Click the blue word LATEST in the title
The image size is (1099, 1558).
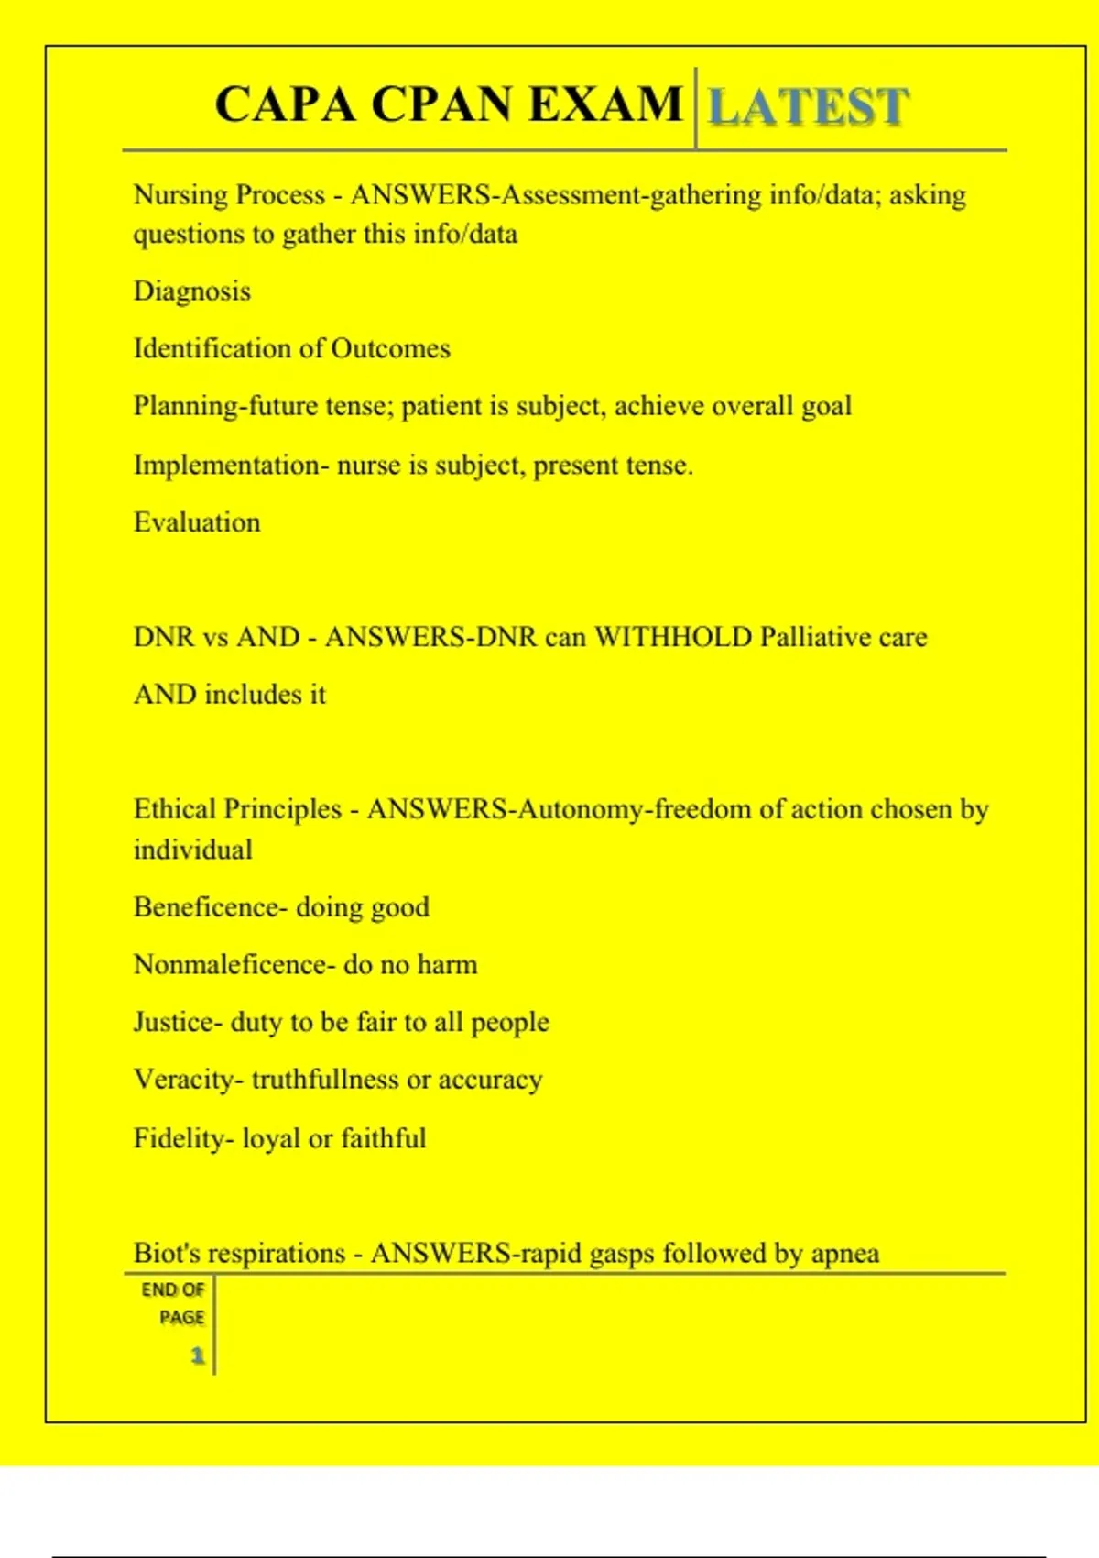809,106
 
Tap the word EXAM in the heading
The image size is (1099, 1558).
605,104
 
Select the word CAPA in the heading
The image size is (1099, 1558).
284,104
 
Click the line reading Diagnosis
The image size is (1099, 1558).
192,291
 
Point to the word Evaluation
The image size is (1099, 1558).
197,522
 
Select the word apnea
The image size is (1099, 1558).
845,1254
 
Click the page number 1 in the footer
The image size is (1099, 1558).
197,1355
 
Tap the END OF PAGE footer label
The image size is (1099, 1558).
173,1303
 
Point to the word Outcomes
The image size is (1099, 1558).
391,349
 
